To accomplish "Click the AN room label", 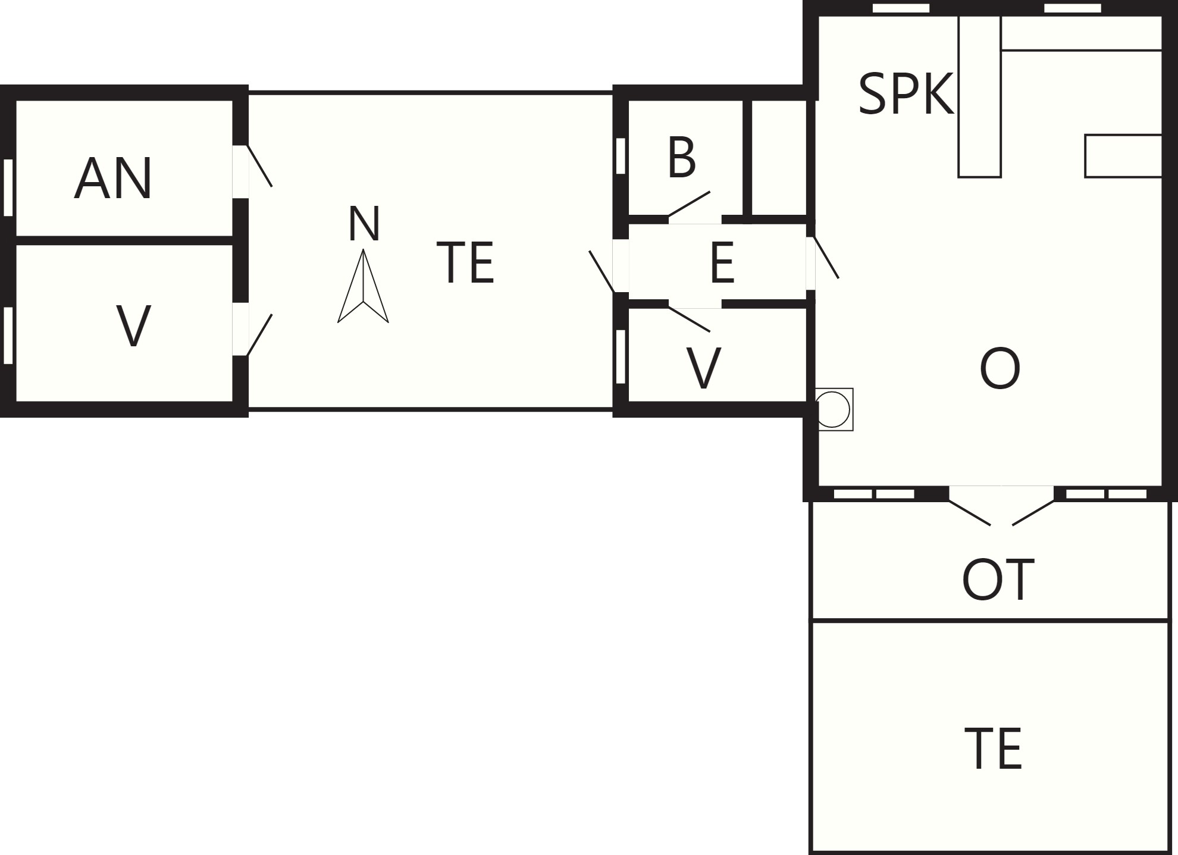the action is coord(113,178).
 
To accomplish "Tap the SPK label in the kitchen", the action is coord(906,94).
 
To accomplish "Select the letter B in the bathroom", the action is coord(682,157).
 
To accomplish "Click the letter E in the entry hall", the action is coord(722,262).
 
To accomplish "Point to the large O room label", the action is coord(1000,369).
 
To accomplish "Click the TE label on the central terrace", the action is coord(465,262).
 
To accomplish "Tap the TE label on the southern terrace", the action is coord(993,748).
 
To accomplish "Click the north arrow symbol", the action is coord(363,286).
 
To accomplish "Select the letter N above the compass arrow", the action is coord(364,224).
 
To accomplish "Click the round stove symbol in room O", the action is coord(834,409).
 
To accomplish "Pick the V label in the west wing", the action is coord(133,326).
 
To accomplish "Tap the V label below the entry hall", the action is coord(704,368).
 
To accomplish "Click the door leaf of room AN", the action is coord(259,165).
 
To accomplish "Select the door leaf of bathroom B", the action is coord(689,204).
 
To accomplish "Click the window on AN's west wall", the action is coord(8,187).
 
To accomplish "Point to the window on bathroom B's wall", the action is coord(621,156).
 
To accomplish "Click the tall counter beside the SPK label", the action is coord(979,96).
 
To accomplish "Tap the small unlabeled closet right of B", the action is coord(779,158).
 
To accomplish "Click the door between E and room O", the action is coord(826,257).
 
